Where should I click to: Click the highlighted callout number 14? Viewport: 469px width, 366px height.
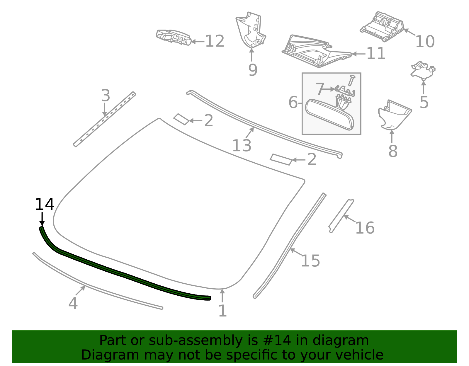click(x=45, y=204)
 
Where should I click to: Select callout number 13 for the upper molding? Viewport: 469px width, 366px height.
click(x=242, y=146)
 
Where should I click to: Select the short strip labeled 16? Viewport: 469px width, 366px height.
click(x=341, y=216)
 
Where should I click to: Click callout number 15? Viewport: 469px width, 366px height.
click(x=310, y=261)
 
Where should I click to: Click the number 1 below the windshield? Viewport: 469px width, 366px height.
click(x=222, y=311)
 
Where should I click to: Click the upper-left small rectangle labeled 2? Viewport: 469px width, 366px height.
click(x=181, y=119)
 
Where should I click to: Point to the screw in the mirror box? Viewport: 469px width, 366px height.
click(x=351, y=80)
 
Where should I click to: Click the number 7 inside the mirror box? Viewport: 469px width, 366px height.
click(x=320, y=88)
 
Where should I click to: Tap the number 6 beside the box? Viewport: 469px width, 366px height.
click(x=293, y=102)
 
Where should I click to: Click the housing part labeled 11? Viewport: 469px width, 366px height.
click(x=317, y=51)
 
